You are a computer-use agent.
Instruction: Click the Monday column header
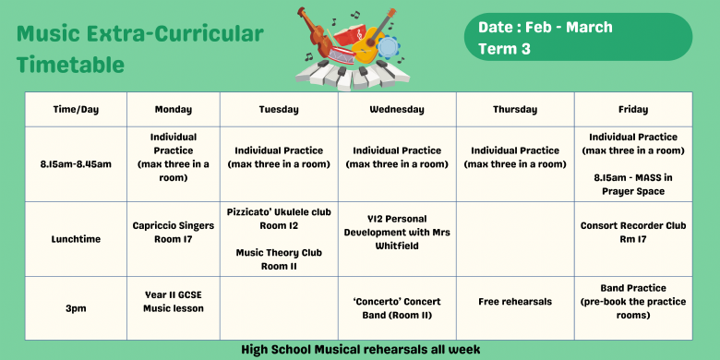click(x=174, y=109)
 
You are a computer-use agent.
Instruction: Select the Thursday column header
click(x=515, y=109)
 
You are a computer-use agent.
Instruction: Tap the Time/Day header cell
click(x=76, y=109)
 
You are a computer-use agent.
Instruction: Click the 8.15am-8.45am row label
click(x=76, y=163)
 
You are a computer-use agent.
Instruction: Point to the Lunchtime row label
click(x=76, y=238)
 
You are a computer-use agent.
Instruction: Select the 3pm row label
click(x=76, y=307)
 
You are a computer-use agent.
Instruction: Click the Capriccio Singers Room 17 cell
click(x=174, y=232)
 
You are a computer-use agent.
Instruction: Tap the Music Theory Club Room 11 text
click(x=279, y=258)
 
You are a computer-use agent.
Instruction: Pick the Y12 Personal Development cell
click(x=397, y=232)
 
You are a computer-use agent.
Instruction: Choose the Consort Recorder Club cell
click(x=633, y=232)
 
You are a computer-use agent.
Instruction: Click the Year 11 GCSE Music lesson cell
click(x=174, y=301)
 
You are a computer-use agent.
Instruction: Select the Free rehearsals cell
click(x=515, y=301)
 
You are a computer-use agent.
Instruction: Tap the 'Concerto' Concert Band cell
click(x=397, y=307)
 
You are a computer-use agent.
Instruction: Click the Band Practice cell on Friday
click(x=633, y=301)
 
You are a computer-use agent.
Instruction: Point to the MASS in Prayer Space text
click(x=633, y=185)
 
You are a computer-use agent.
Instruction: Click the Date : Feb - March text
click(x=545, y=27)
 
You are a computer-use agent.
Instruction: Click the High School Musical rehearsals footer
click(x=360, y=350)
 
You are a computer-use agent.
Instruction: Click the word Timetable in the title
click(x=70, y=64)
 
